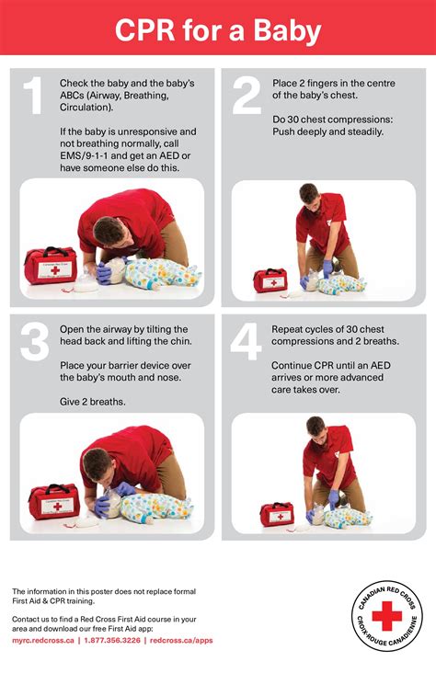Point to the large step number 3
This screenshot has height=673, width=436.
34,341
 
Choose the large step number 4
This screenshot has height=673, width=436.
247,341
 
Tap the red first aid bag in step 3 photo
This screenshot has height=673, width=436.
52,502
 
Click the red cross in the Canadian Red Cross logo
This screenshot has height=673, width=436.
386,615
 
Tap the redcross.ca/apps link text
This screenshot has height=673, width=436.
181,640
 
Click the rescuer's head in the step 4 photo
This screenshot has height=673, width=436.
316,429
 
